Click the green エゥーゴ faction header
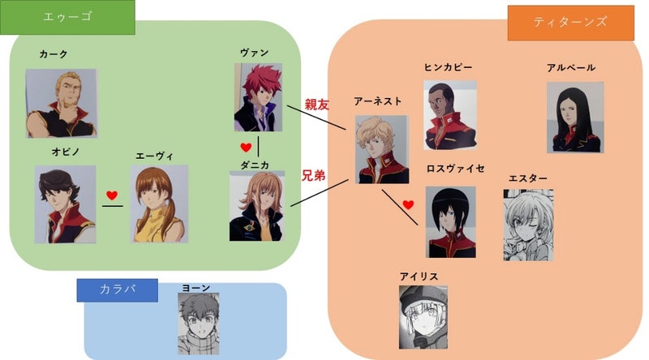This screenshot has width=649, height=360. click(67, 18)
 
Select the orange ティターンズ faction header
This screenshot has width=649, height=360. click(570, 23)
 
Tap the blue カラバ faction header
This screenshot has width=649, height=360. click(117, 289)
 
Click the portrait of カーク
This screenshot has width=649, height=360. click(61, 103)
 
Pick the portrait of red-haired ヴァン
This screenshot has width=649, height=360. click(259, 99)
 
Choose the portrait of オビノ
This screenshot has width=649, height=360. click(65, 204)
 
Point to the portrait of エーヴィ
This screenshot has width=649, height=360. click(159, 204)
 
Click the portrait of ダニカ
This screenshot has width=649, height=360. click(257, 206)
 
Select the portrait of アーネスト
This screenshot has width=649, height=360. click(381, 149)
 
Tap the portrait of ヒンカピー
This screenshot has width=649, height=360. click(449, 114)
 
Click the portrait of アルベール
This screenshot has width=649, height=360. click(575, 117)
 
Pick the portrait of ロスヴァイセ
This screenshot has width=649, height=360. click(451, 221)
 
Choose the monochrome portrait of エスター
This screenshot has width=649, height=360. click(528, 225)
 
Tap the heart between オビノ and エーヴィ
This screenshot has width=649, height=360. click(112, 195)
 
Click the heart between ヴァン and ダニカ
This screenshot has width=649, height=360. click(247, 148)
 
